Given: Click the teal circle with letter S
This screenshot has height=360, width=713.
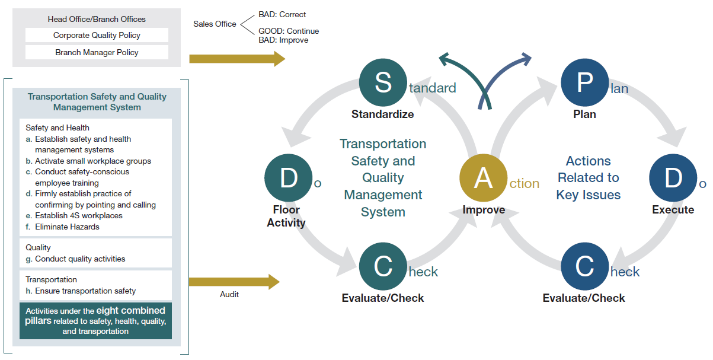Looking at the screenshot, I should pyautogui.click(x=383, y=82).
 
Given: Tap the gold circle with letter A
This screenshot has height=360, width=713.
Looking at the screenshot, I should pyautogui.click(x=484, y=178).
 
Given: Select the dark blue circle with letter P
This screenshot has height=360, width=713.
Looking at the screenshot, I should pyautogui.click(x=584, y=82).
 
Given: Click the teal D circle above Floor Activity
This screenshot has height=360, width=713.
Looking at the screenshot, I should pyautogui.click(x=288, y=178).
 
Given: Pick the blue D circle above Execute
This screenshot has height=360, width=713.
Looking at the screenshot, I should pyautogui.click(x=673, y=178).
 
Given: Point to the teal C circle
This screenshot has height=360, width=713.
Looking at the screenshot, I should pyautogui.click(x=383, y=266).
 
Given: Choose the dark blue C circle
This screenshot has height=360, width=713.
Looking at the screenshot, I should pyautogui.click(x=584, y=266).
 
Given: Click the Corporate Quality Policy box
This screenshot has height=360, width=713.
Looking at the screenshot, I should pyautogui.click(x=97, y=35).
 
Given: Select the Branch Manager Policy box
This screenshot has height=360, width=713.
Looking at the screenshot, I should pyautogui.click(x=97, y=52).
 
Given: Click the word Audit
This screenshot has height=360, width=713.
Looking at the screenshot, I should pyautogui.click(x=229, y=294).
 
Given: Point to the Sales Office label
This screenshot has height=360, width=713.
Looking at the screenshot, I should pyautogui.click(x=215, y=24).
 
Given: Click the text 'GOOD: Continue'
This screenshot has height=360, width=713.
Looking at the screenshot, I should pyautogui.click(x=289, y=31).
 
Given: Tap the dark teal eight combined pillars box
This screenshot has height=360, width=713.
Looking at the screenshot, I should pyautogui.click(x=95, y=321).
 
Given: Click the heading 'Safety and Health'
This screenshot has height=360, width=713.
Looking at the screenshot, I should pyautogui.click(x=57, y=128).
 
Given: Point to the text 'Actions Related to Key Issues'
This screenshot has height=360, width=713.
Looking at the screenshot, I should pyautogui.click(x=588, y=177).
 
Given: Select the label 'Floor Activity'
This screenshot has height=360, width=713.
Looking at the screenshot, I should pyautogui.click(x=286, y=216).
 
